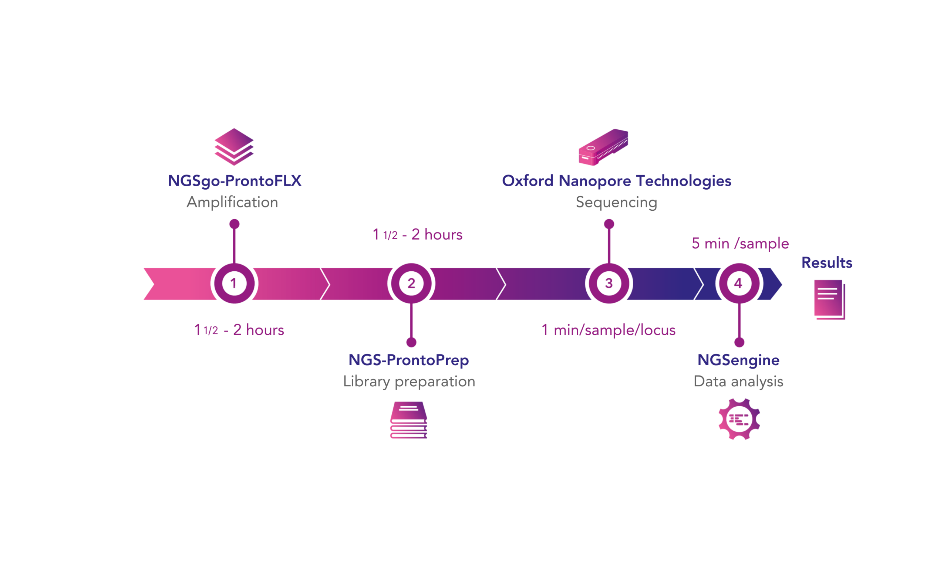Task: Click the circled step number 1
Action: tap(234, 284)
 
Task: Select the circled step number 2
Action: tap(411, 284)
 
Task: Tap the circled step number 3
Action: tap(609, 284)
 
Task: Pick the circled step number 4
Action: tap(738, 284)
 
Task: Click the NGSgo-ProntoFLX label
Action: tap(235, 181)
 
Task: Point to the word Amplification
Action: tap(232, 202)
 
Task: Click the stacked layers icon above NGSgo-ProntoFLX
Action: tap(234, 147)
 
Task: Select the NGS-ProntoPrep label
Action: tap(408, 360)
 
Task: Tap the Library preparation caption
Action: tap(409, 381)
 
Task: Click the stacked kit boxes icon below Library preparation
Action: tap(408, 420)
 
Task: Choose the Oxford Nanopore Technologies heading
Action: tap(616, 181)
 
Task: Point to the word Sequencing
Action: tap(616, 202)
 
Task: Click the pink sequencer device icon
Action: tap(603, 147)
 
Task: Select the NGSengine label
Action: tap(738, 360)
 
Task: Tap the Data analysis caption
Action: tap(738, 381)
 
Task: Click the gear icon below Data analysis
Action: tap(739, 419)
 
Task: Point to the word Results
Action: tap(827, 263)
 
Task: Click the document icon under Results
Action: tap(829, 299)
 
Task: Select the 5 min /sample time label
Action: tap(740, 244)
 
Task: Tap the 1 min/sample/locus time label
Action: tap(609, 330)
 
